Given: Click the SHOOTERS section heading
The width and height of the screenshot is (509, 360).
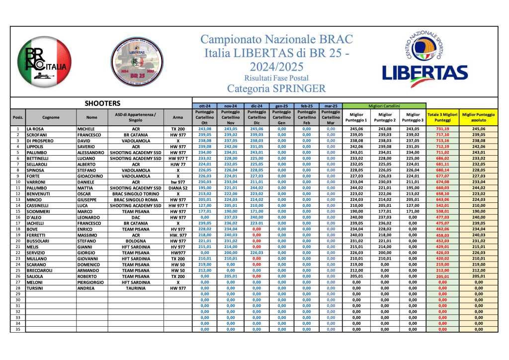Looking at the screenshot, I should pyautogui.click(x=103, y=103).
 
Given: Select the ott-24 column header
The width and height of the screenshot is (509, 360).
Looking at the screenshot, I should pyautogui.click(x=205, y=106).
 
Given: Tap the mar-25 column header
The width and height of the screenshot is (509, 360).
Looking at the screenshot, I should pyautogui.click(x=331, y=106).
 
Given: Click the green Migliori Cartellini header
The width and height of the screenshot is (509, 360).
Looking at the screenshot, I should pyautogui.click(x=384, y=106).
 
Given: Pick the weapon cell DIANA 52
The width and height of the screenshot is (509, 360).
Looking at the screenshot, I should pyautogui.click(x=178, y=188).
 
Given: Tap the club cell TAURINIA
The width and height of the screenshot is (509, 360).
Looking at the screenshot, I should pyautogui.click(x=136, y=287).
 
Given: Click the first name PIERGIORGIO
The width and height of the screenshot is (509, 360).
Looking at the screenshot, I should pyautogui.click(x=91, y=281).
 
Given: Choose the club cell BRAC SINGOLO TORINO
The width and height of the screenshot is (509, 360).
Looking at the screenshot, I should pyautogui.click(x=136, y=194).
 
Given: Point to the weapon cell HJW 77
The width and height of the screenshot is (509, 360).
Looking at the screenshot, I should pyautogui.click(x=178, y=165).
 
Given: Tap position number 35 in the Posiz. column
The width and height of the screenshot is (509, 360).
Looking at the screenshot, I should pyautogui.click(x=18, y=329).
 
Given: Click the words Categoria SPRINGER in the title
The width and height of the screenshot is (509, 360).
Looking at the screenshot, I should pyautogui.click(x=276, y=89).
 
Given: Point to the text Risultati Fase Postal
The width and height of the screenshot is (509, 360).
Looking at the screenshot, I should pyautogui.click(x=276, y=78).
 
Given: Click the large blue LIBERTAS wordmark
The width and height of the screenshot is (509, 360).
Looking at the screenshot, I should pyautogui.click(x=425, y=73).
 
